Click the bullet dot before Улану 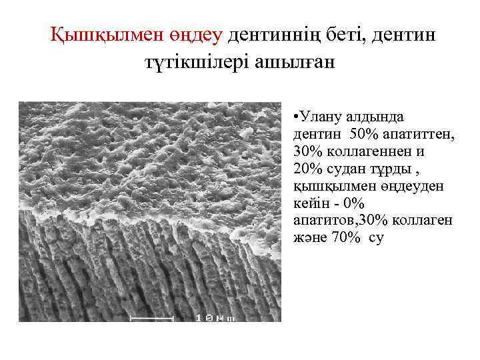click(x=295, y=115)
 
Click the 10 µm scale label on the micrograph click(x=214, y=319)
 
